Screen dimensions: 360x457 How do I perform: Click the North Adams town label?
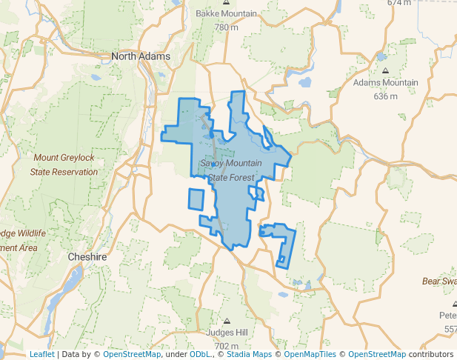click(141, 56)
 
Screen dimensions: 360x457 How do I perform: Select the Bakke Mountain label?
click(226, 14)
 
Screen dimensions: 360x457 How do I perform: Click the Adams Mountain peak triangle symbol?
click(385, 71)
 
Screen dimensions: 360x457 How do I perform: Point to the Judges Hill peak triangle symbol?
click(226, 321)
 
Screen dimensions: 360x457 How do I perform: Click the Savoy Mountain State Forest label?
click(230, 170)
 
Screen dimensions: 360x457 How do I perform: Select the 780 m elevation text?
click(225, 27)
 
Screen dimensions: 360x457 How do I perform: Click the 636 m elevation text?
click(385, 96)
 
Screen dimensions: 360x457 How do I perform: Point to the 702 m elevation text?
click(225, 346)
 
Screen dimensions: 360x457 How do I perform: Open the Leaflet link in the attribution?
click(41, 354)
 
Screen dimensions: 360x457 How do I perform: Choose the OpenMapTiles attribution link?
click(306, 354)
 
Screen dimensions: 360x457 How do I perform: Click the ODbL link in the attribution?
click(200, 354)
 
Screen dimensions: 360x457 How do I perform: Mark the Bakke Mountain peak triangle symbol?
click(226, 2)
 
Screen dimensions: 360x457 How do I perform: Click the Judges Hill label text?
click(225, 333)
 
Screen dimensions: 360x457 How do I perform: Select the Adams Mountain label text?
click(385, 83)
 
